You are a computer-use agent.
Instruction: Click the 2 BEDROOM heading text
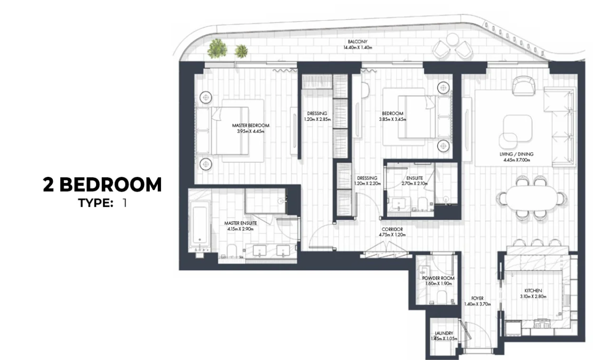(x=102, y=185)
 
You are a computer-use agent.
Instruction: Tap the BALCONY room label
(x=357, y=42)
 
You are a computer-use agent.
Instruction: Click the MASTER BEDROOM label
(x=250, y=126)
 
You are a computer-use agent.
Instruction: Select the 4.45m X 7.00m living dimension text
(x=517, y=160)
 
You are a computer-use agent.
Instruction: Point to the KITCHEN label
(x=533, y=291)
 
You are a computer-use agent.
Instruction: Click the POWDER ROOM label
(x=438, y=278)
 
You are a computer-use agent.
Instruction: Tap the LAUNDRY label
(x=444, y=333)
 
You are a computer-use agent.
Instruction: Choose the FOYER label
(x=477, y=298)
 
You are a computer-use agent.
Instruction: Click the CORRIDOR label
(x=392, y=229)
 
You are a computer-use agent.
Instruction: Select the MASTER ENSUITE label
(x=240, y=223)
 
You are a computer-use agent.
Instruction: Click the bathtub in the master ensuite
(x=200, y=224)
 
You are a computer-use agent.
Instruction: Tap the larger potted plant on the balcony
(x=217, y=49)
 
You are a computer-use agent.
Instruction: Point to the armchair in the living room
(x=524, y=86)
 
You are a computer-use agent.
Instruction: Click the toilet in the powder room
(x=442, y=297)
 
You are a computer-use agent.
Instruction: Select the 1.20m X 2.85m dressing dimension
(x=317, y=119)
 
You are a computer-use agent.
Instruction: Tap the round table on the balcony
(x=452, y=39)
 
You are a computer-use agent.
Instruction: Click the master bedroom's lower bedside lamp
(x=206, y=165)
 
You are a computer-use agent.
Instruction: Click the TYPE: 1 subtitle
(x=102, y=203)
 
